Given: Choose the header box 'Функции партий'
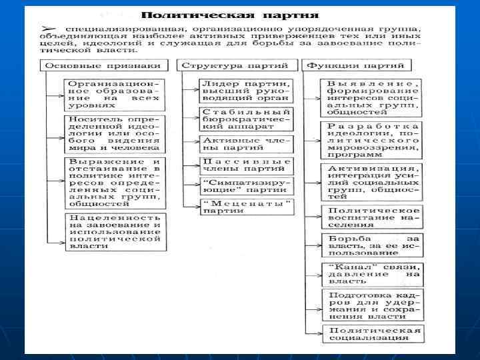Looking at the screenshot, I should pyautogui.click(x=357, y=65).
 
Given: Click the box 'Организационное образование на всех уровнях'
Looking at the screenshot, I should pyautogui.click(x=114, y=95).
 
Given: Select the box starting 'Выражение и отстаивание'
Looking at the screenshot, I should pyautogui.click(x=114, y=183).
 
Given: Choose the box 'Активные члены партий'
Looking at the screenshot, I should pyautogui.click(x=247, y=145).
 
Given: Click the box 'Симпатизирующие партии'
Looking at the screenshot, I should pyautogui.click(x=247, y=186).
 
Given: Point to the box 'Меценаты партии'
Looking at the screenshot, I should pyautogui.click(x=247, y=207).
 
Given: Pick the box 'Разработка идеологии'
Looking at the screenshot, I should pyautogui.click(x=373, y=140).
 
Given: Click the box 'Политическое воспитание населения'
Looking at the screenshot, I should pyautogui.click(x=373, y=217).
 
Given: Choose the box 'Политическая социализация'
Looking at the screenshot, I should pyautogui.click(x=373, y=334).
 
